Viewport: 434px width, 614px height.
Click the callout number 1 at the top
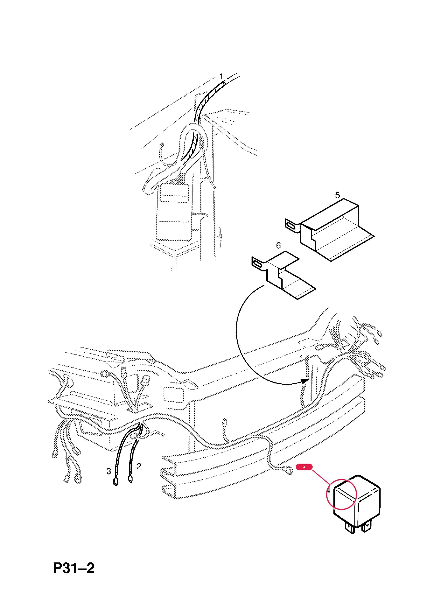point(221,77)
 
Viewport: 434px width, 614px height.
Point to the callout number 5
point(337,195)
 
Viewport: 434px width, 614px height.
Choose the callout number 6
point(278,246)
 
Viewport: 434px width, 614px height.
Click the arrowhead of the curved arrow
point(305,381)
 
